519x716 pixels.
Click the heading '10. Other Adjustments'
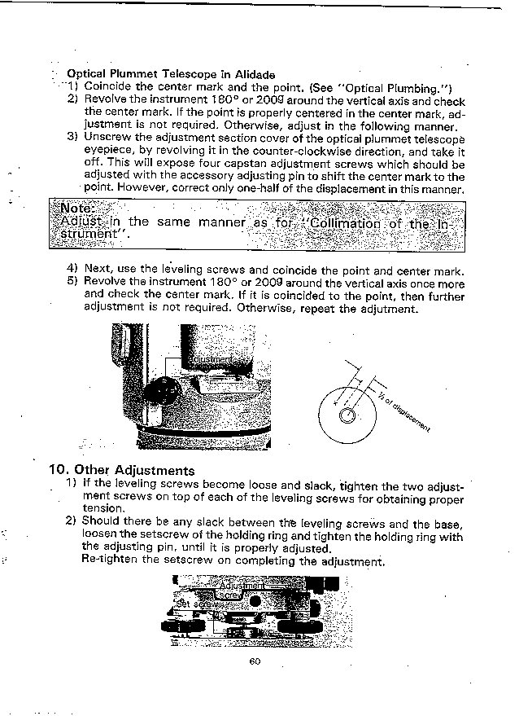pyautogui.click(x=122, y=470)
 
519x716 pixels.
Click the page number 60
pyautogui.click(x=255, y=661)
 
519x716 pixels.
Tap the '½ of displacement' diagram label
pyautogui.click(x=403, y=410)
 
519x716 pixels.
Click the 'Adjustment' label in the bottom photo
pyautogui.click(x=242, y=585)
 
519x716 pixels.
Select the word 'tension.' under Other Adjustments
pyautogui.click(x=105, y=507)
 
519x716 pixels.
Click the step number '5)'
pyautogui.click(x=73, y=283)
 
